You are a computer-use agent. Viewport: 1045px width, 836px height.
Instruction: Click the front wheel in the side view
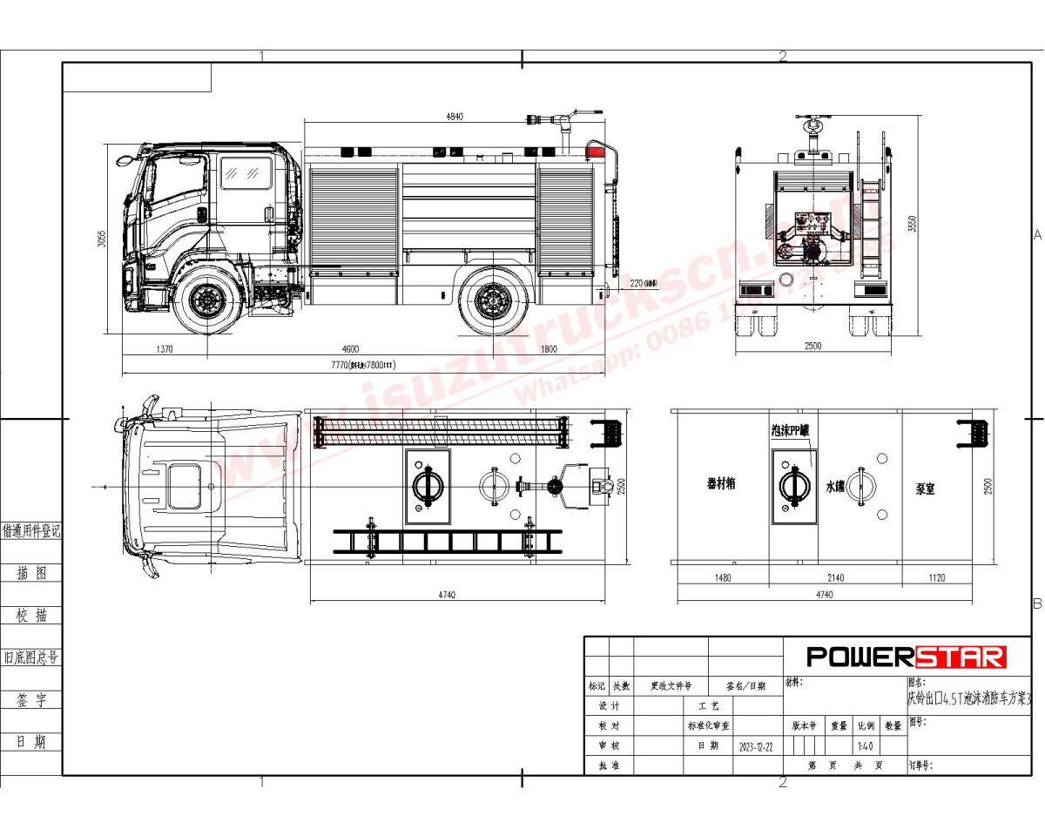(207, 300)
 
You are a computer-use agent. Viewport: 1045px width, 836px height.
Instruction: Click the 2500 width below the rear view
(812, 347)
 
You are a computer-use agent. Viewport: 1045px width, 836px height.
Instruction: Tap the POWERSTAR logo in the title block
(906, 657)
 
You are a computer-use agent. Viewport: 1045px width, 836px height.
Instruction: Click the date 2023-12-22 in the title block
(755, 747)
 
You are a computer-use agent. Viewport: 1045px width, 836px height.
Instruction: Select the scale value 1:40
(865, 747)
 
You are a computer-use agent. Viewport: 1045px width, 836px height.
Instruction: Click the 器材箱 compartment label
(720, 483)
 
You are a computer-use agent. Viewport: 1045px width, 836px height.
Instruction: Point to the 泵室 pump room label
(925, 489)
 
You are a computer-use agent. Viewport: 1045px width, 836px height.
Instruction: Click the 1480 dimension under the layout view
(722, 577)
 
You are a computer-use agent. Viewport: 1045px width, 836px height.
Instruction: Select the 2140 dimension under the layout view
(835, 577)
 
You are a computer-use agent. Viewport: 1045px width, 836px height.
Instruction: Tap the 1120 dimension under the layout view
(936, 577)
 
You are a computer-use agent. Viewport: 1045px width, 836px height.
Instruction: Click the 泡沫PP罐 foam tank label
(792, 431)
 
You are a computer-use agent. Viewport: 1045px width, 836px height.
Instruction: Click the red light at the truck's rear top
(596, 151)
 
